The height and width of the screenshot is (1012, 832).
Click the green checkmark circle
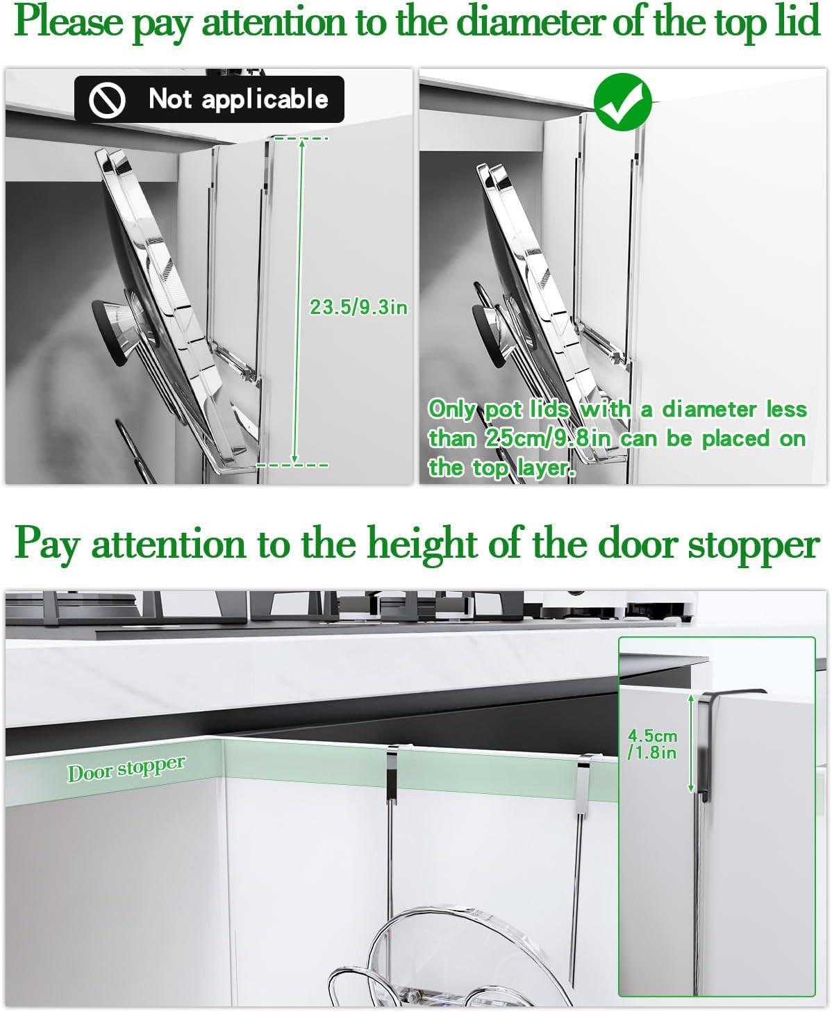click(x=622, y=101)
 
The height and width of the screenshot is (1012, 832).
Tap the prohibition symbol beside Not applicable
click(x=107, y=100)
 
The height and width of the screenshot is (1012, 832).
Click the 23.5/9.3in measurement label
click(x=358, y=307)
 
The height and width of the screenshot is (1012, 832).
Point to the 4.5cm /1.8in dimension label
click(x=652, y=745)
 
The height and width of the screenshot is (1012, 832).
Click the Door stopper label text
click(x=126, y=769)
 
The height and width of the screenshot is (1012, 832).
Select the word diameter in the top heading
click(x=533, y=22)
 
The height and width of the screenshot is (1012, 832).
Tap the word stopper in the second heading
click(x=754, y=547)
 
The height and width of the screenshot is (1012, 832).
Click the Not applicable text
click(x=238, y=99)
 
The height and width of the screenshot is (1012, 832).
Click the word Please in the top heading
click(x=69, y=22)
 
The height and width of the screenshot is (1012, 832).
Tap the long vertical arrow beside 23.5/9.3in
click(x=299, y=302)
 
